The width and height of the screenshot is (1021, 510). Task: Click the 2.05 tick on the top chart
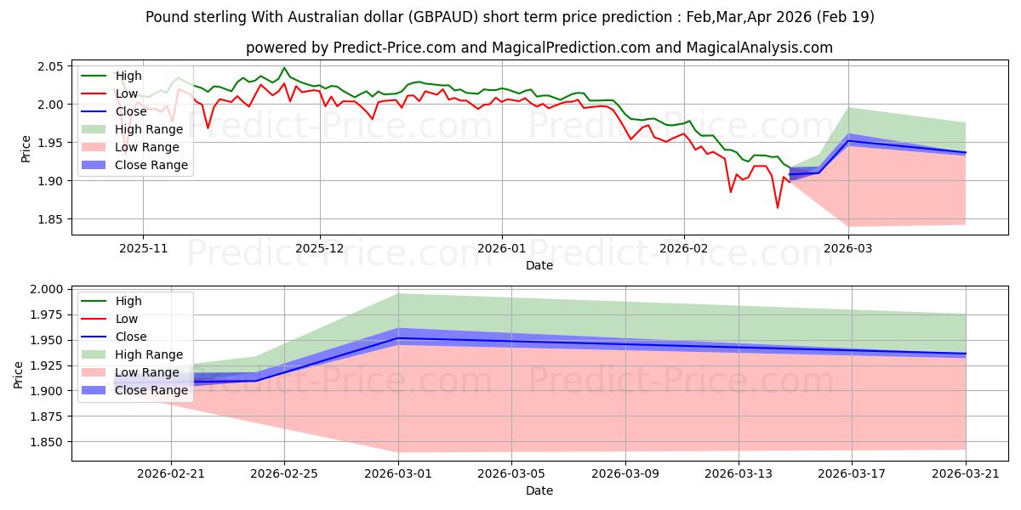coord(50,66)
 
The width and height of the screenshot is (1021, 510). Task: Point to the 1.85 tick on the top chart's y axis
coord(50,219)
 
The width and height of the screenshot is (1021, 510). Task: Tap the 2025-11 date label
coord(143,248)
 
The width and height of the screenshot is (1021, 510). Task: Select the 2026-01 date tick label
coord(502,248)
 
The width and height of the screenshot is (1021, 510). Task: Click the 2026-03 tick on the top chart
coord(848,248)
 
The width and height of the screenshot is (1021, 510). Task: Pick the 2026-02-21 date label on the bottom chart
coord(171,474)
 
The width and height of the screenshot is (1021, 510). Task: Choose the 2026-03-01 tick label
coord(398,474)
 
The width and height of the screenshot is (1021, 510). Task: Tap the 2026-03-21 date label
coord(966,474)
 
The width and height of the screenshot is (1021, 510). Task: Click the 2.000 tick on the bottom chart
coord(47,290)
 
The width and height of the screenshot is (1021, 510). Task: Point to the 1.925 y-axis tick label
coord(47,365)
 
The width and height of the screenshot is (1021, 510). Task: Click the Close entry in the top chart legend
coord(114,111)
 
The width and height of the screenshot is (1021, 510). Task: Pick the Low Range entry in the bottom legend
coord(130,372)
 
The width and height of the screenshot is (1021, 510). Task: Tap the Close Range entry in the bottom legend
coord(134,390)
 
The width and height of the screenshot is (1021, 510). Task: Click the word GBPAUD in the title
coord(443,17)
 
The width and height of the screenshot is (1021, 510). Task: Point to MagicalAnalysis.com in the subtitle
coord(759,48)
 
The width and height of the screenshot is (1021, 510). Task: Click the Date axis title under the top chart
coord(539,265)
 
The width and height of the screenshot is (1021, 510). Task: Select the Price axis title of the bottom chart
coord(18,375)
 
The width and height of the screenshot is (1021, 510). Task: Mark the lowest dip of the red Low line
coord(778,208)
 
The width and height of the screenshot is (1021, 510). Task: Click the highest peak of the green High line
coord(284,68)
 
